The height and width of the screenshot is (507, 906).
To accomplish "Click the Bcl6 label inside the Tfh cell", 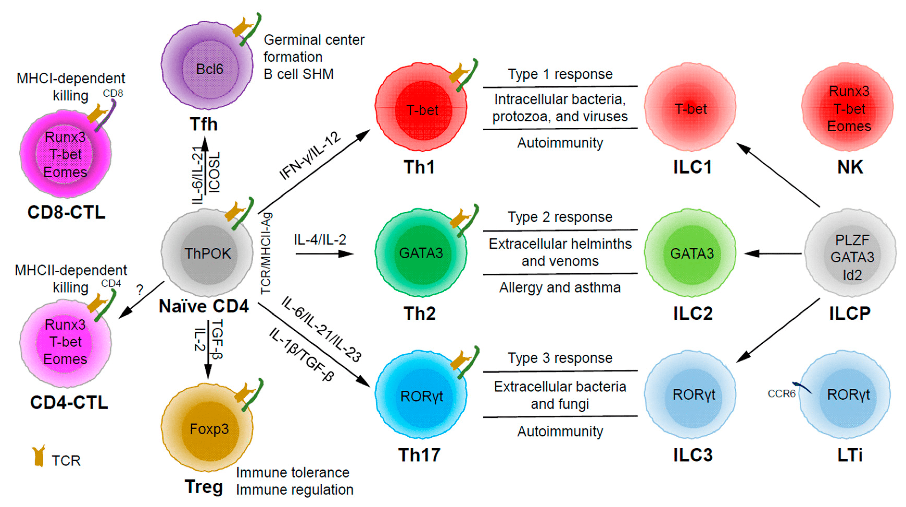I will click(x=210, y=69).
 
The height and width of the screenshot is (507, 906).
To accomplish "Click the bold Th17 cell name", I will click(x=419, y=455).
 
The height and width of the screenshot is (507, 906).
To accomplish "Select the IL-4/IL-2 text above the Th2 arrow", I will click(x=320, y=240).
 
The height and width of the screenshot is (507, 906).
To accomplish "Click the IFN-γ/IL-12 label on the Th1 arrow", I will click(x=310, y=156).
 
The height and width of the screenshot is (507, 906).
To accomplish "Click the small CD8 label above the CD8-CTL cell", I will click(x=113, y=93).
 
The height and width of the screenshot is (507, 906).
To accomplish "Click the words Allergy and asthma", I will click(x=560, y=288).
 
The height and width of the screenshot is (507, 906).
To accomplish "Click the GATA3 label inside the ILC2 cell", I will click(x=692, y=253).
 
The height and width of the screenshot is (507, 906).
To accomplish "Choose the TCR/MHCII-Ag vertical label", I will click(x=266, y=253).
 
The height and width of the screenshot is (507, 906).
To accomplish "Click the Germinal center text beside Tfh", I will click(x=314, y=40).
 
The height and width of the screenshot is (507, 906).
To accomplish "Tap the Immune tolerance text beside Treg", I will click(x=293, y=472).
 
